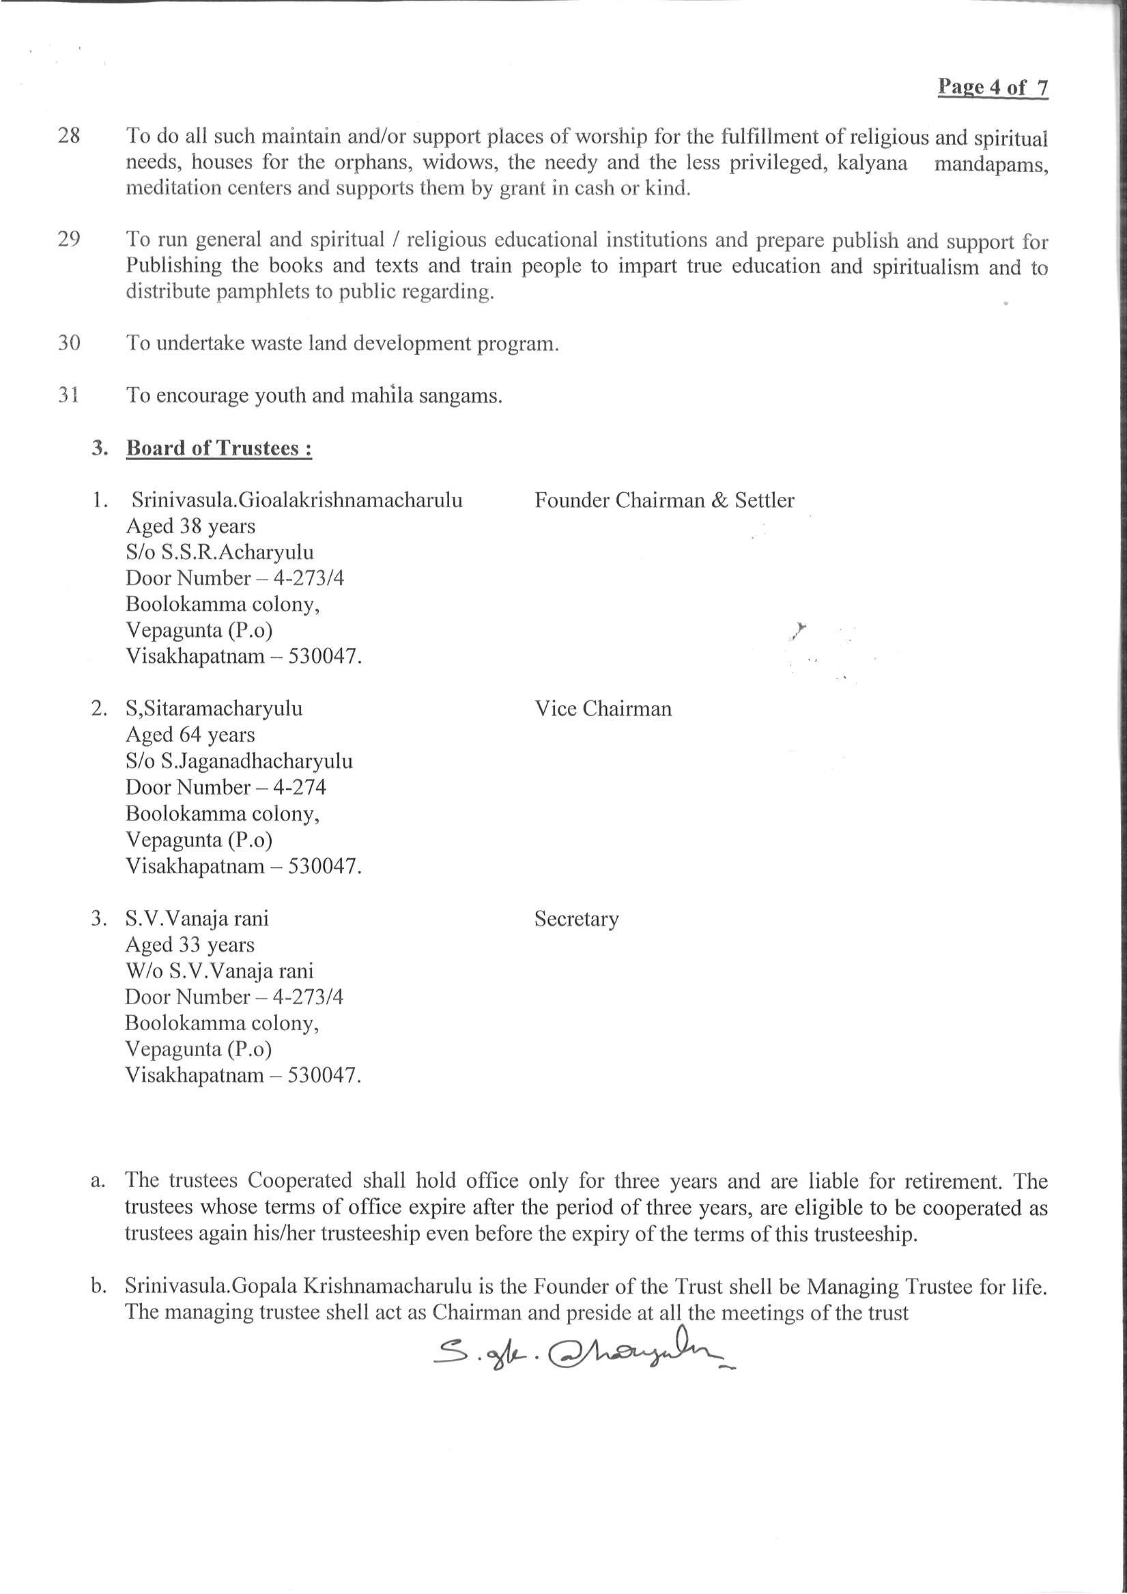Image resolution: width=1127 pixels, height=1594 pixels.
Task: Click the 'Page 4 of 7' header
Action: click(x=993, y=87)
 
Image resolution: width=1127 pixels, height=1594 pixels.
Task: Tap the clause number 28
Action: click(x=69, y=135)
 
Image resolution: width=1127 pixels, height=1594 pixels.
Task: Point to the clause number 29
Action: click(x=69, y=239)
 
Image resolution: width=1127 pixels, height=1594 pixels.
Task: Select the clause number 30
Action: click(x=69, y=343)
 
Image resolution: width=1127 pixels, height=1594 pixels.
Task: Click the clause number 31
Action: click(x=68, y=395)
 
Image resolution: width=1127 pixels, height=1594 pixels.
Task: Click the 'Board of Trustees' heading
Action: click(x=218, y=449)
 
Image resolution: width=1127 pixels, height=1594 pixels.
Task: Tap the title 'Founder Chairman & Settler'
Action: click(x=664, y=500)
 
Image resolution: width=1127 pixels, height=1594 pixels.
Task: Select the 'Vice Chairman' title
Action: click(x=603, y=709)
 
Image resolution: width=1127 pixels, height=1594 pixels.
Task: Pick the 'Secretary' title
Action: click(x=575, y=919)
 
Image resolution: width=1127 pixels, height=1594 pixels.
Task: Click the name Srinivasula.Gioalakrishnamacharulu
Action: click(x=296, y=500)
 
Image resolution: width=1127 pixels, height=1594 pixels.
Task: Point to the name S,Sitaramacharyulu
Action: click(x=214, y=709)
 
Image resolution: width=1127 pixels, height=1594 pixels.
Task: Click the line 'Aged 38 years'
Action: click(x=190, y=526)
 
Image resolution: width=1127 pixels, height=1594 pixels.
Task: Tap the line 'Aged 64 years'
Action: click(x=190, y=735)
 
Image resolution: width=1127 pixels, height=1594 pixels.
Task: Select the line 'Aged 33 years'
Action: click(x=190, y=945)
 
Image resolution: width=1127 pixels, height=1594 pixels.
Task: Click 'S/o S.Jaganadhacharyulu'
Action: click(x=239, y=761)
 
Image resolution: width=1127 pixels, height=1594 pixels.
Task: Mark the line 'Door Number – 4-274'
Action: click(x=226, y=787)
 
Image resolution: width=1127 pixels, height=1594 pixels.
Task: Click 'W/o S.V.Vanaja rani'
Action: click(x=219, y=971)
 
